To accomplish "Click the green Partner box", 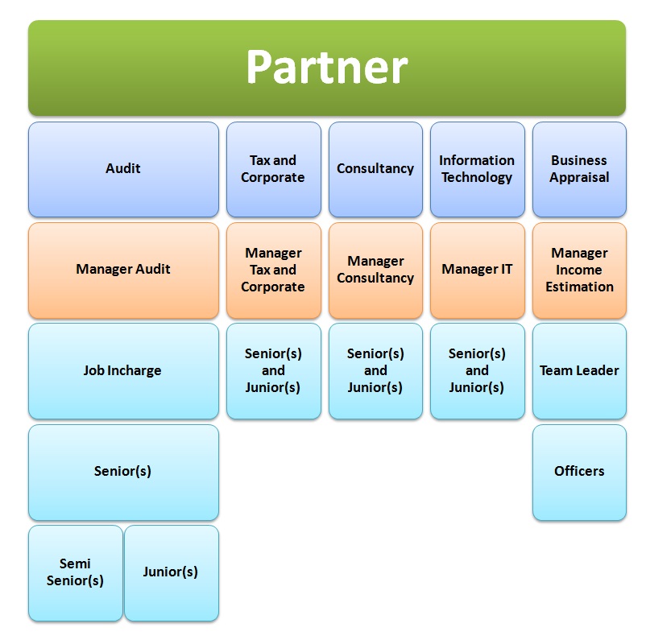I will pyautogui.click(x=326, y=68).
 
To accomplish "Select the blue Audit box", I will pyautogui.click(x=123, y=169).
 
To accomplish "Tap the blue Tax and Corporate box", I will pyautogui.click(x=273, y=169).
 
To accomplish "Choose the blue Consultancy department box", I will pyautogui.click(x=375, y=169).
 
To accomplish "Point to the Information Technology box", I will pyautogui.click(x=477, y=169).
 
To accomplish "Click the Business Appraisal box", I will pyautogui.click(x=579, y=169).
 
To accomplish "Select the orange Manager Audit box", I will pyautogui.click(x=123, y=270).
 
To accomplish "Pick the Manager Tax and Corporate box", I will pyautogui.click(x=273, y=270).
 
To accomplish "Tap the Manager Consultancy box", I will pyautogui.click(x=375, y=270).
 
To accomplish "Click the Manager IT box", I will pyautogui.click(x=477, y=270).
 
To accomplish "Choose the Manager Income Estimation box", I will pyautogui.click(x=579, y=270).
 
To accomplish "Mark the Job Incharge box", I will pyautogui.click(x=123, y=370).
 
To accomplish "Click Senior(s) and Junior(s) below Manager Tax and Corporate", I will pyautogui.click(x=273, y=370).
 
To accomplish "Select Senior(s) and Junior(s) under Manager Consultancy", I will pyautogui.click(x=375, y=370).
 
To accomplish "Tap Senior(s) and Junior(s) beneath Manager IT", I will pyautogui.click(x=477, y=370).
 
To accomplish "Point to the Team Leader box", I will pyautogui.click(x=579, y=370).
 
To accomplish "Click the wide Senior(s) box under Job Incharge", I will pyautogui.click(x=123, y=472).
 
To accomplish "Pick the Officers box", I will pyautogui.click(x=579, y=472).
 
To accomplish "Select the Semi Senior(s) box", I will pyautogui.click(x=75, y=572).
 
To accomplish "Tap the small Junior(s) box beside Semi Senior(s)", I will pyautogui.click(x=171, y=572).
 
